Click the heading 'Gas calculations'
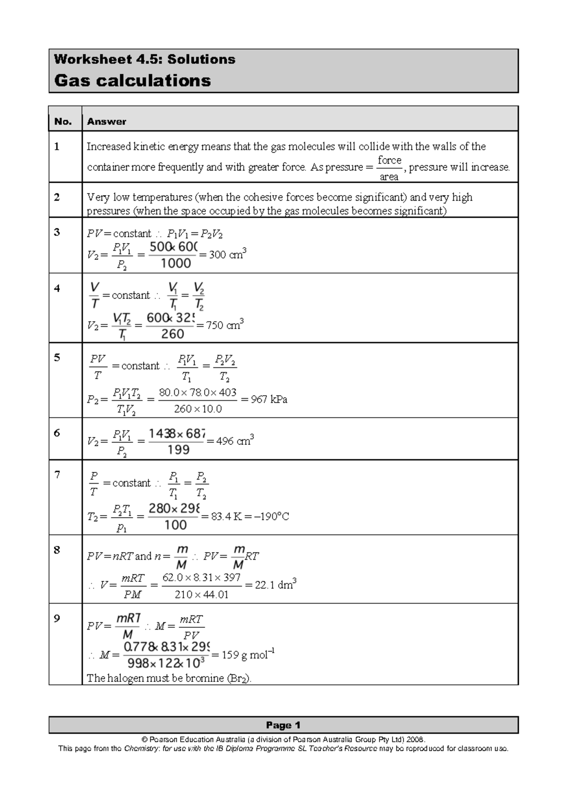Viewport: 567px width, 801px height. (x=132, y=80)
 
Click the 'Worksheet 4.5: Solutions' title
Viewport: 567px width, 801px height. (x=144, y=60)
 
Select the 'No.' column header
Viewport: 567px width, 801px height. (x=63, y=121)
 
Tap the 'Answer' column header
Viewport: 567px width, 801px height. (x=106, y=121)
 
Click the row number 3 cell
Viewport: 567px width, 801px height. (x=57, y=232)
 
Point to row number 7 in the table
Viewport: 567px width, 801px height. (x=57, y=475)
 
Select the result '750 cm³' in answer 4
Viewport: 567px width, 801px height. (x=225, y=325)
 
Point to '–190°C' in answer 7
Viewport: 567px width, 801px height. (x=271, y=516)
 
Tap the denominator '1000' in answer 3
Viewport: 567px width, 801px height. (x=176, y=264)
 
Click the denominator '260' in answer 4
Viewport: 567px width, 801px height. (x=172, y=334)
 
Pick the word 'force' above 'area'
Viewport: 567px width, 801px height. (x=389, y=160)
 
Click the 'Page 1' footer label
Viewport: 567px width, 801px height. (x=283, y=725)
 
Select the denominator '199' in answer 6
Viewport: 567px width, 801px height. (x=178, y=450)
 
